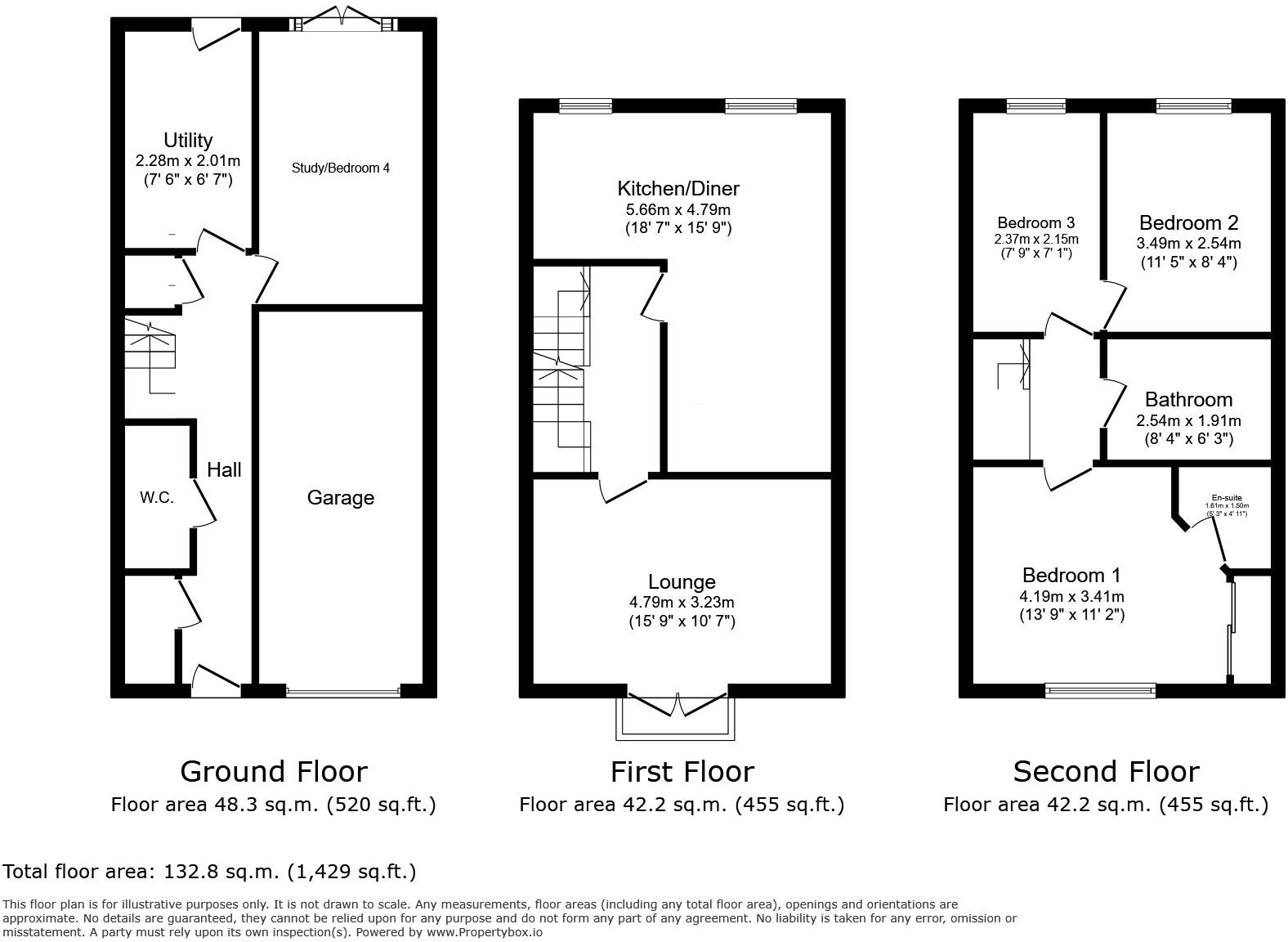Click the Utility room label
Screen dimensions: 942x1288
tap(188, 140)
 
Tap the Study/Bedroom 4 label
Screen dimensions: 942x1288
tap(341, 168)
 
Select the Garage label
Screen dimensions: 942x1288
tap(341, 497)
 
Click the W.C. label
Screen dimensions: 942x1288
tap(156, 497)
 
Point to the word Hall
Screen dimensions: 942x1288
tap(224, 469)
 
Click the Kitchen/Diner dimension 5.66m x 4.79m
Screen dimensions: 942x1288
tap(678, 209)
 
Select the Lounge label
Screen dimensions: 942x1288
tap(682, 581)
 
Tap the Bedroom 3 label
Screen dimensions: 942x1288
tap(1035, 222)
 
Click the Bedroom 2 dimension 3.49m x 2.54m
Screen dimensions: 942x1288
tap(1188, 244)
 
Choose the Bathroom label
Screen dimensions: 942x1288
tap(1188, 399)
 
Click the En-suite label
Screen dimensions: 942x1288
tap(1227, 498)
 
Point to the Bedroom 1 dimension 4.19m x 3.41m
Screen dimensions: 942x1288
tap(1071, 596)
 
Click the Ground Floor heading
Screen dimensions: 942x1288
tap(274, 771)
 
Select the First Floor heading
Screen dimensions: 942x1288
tap(682, 771)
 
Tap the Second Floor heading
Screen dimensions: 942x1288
tap(1106, 771)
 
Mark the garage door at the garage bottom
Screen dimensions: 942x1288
tap(343, 692)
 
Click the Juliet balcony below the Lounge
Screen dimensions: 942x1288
tap(677, 719)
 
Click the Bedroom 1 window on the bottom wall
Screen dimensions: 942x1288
tap(1101, 691)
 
